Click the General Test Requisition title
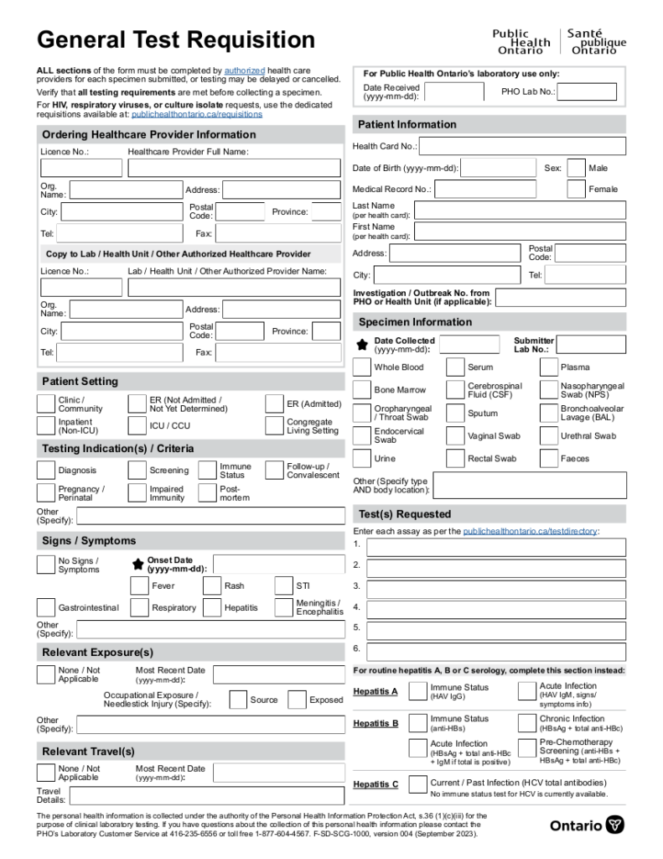click(x=176, y=39)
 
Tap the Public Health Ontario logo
click(x=558, y=41)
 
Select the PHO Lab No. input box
click(x=587, y=91)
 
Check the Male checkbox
click(x=576, y=168)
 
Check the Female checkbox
click(x=576, y=190)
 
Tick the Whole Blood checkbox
click(x=361, y=367)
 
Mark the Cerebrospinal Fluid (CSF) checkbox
click(x=455, y=390)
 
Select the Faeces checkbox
click(x=548, y=459)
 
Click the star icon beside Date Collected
click(x=361, y=345)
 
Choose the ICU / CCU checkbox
click(x=137, y=426)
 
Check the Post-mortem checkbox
click(x=207, y=493)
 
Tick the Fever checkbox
click(x=140, y=586)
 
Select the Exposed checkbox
click(x=297, y=700)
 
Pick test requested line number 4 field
click(x=495, y=607)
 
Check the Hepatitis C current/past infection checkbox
click(x=417, y=784)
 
